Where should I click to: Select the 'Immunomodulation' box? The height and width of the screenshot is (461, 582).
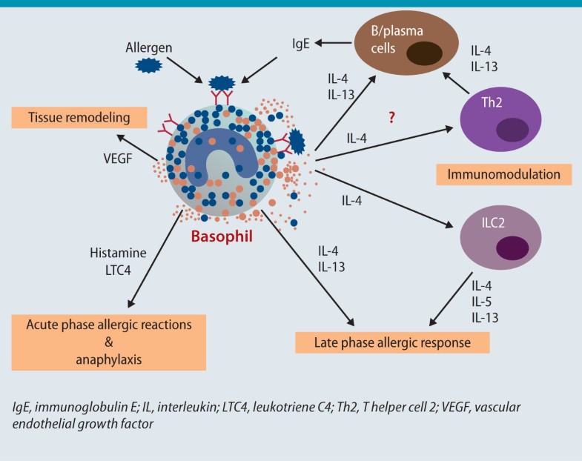click(504, 175)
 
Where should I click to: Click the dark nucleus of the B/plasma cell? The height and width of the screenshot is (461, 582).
click(420, 53)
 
